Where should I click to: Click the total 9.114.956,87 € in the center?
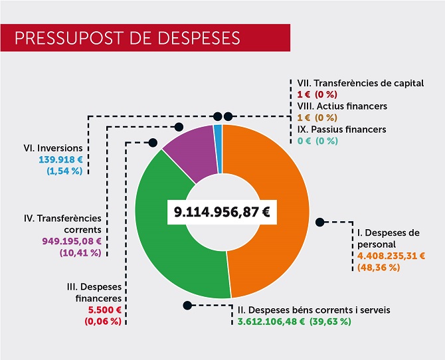pyautogui.click(x=222, y=213)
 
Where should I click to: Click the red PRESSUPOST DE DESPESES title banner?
pyautogui.click(x=145, y=37)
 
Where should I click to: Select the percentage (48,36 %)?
pyautogui.click(x=379, y=267)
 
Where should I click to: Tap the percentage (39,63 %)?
pyautogui.click(x=329, y=321)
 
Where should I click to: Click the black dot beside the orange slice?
pyautogui.click(x=319, y=222)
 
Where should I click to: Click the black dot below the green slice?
pyautogui.click(x=189, y=306)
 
